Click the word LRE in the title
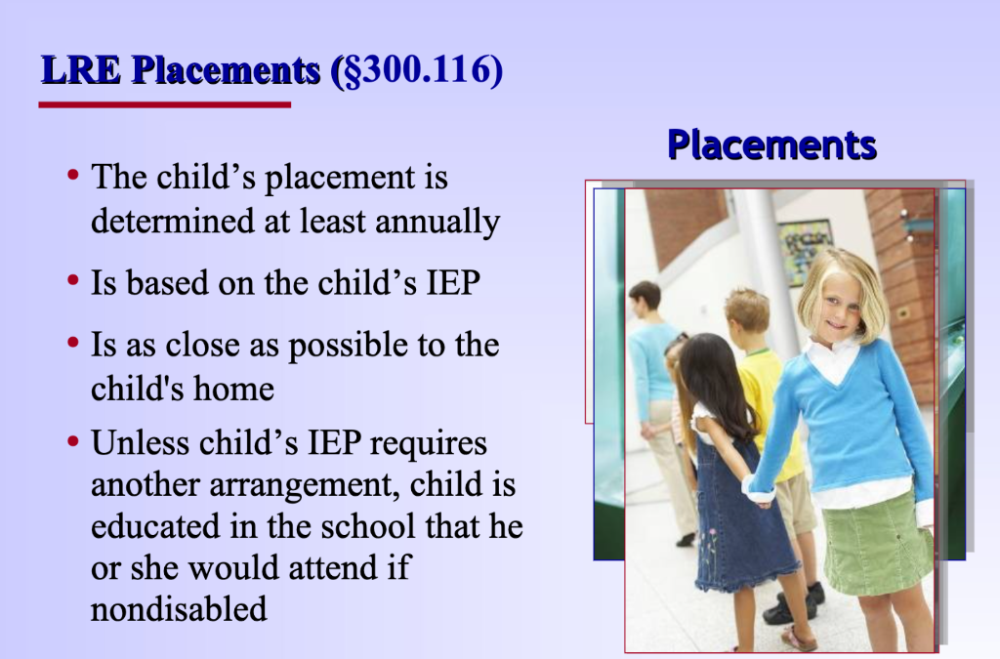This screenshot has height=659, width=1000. click(81, 69)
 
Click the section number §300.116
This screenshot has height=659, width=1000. click(417, 69)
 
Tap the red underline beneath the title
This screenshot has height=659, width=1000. click(164, 104)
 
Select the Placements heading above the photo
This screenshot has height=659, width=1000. click(771, 145)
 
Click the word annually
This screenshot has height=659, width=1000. click(437, 223)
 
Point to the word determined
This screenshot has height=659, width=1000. click(172, 222)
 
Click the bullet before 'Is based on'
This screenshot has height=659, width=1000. click(72, 280)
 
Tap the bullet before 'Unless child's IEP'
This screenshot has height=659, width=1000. click(72, 440)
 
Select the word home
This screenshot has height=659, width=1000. click(234, 389)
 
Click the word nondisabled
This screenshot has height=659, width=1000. click(179, 608)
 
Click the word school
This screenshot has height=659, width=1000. click(368, 526)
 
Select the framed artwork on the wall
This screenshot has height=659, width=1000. click(805, 250)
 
